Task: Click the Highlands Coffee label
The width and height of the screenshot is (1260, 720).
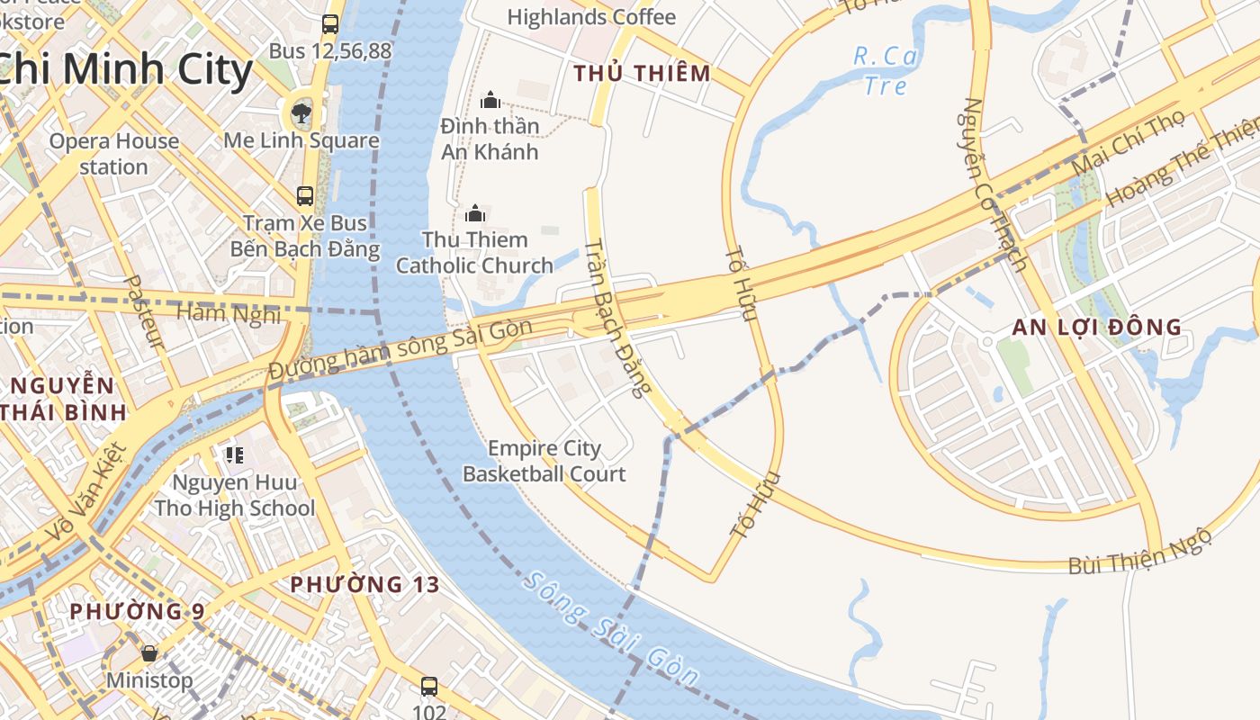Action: (591, 17)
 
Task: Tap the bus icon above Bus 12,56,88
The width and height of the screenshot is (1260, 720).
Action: (330, 24)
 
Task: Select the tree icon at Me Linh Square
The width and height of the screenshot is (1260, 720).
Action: (301, 112)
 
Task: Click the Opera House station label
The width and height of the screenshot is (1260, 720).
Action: (113, 154)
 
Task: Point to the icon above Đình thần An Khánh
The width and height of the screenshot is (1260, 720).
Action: (490, 99)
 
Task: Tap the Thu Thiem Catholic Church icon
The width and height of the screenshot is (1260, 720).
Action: (475, 213)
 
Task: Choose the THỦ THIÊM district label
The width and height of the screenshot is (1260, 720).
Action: (643, 74)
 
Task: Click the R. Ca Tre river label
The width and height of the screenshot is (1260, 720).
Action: (886, 70)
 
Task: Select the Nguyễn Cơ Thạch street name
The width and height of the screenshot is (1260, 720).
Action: (994, 184)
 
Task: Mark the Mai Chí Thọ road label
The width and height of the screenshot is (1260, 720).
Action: (1129, 145)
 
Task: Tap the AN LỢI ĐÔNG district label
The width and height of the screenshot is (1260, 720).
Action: (1096, 328)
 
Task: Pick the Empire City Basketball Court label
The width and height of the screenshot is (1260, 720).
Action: (544, 461)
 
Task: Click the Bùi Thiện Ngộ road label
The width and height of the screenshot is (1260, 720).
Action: (1140, 553)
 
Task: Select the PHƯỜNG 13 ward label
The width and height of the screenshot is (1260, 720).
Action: (364, 585)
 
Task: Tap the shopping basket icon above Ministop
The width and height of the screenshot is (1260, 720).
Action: (149, 652)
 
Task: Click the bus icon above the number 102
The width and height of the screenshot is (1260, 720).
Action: (429, 687)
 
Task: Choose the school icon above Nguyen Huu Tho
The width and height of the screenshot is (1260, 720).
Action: (235, 455)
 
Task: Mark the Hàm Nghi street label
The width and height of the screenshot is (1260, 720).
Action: (229, 312)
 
